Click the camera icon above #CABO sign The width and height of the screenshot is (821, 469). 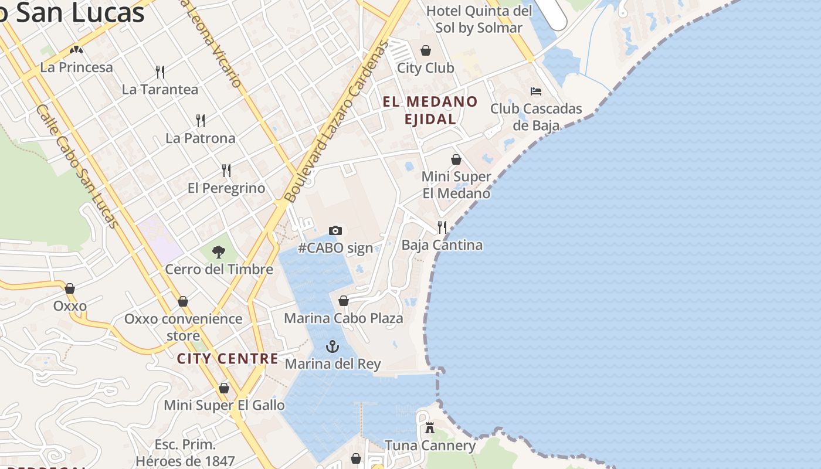coord(335,230)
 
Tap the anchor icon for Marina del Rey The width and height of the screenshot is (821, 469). coord(333,346)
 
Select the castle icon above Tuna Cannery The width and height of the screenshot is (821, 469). coord(430,428)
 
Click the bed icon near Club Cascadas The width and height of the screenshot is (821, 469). coord(535,91)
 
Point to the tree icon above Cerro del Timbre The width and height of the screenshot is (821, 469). coord(219,252)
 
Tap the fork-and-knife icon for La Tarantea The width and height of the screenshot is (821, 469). coord(160,72)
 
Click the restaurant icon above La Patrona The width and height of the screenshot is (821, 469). coord(201,121)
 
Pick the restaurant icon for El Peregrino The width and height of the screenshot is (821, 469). coord(226,171)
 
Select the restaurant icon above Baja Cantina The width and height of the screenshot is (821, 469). coord(442,227)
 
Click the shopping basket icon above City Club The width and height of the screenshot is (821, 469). coord(426,50)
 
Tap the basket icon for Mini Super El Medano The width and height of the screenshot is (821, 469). coord(456,159)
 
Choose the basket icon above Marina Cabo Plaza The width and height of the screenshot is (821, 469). coord(344,301)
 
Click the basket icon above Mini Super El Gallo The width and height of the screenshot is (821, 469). coord(224,388)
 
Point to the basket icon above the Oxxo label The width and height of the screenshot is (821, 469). coord(70,288)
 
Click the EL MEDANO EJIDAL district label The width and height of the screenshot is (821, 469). coord(430,110)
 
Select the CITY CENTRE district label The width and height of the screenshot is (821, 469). coord(228,359)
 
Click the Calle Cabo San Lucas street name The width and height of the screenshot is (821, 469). coord(77,166)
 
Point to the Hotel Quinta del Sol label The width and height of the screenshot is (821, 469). coord(479,19)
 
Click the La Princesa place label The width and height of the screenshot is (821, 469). coord(76,67)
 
